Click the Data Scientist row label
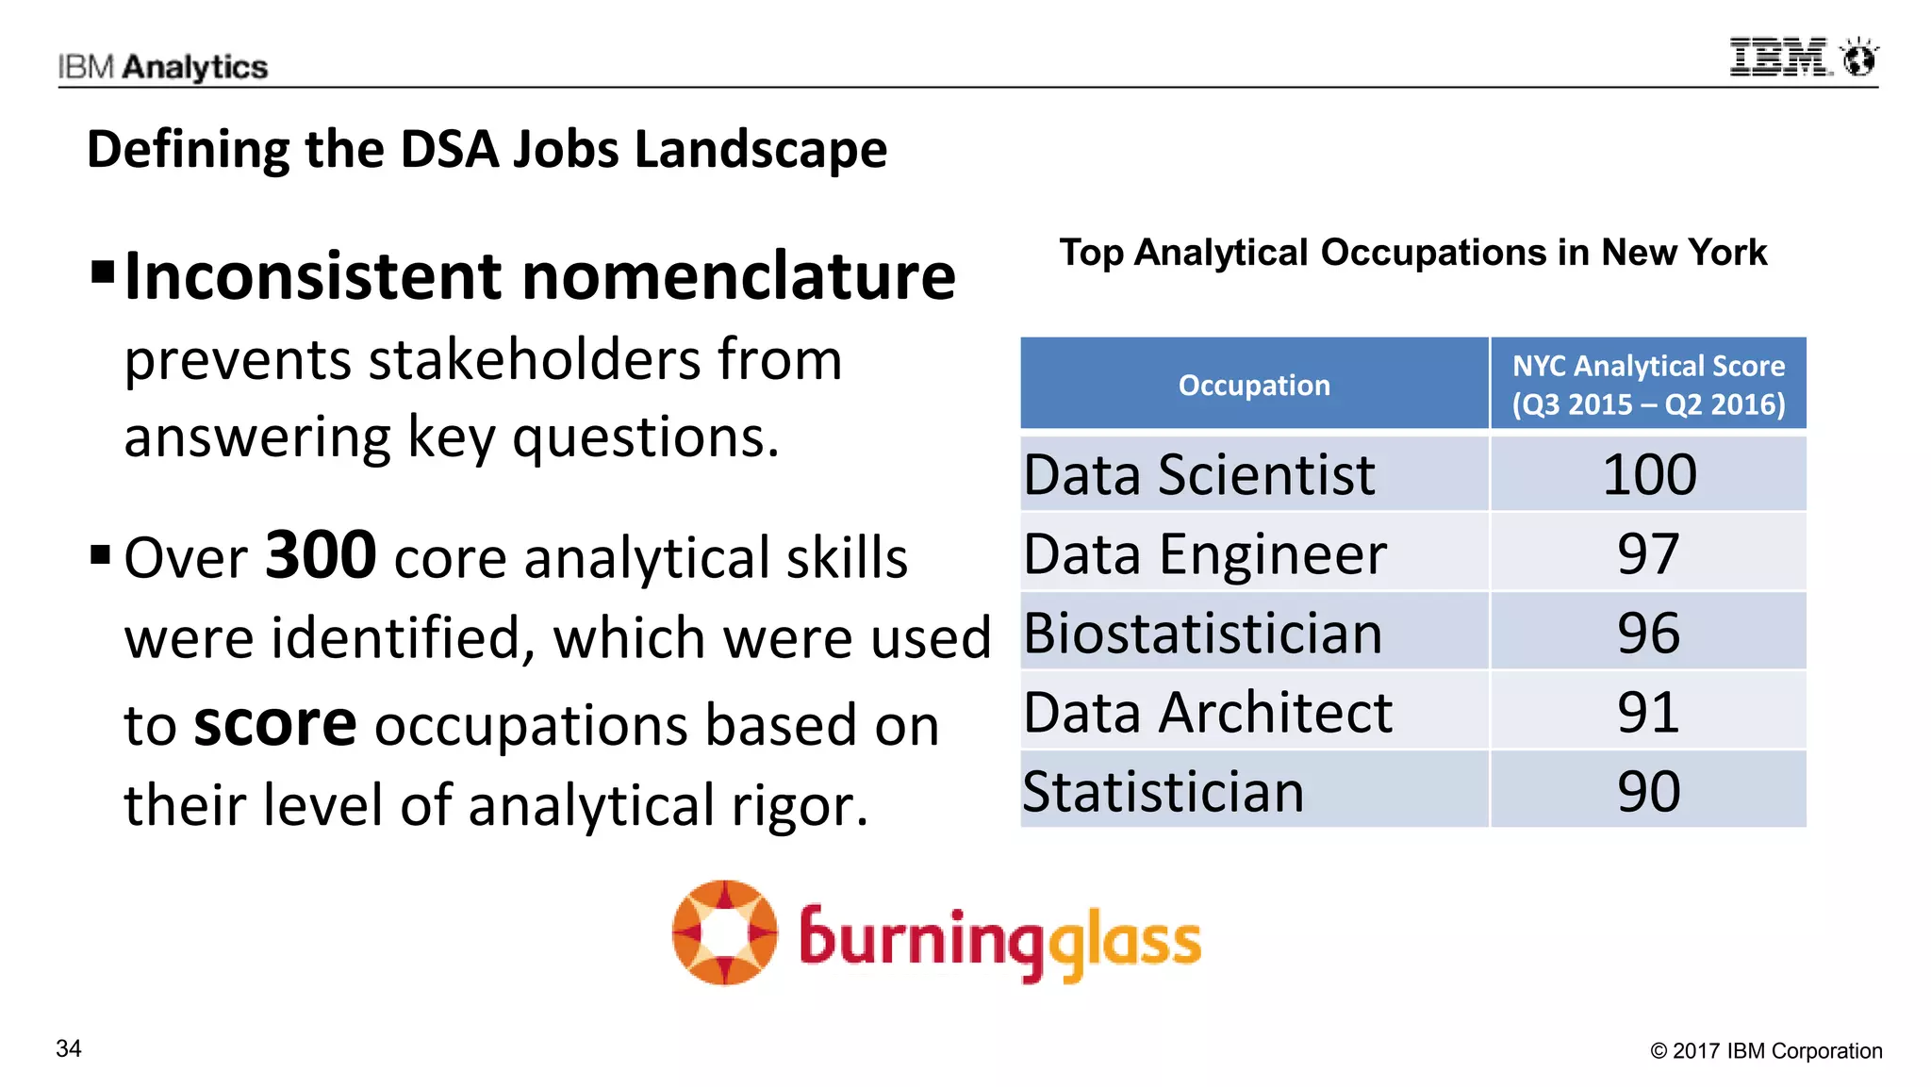pos(1198,474)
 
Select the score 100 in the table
pos(1649,474)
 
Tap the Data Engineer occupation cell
pos(1205,553)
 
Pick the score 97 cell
pos(1648,553)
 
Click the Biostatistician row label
pos(1202,633)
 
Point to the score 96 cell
pos(1648,633)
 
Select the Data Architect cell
pos(1208,712)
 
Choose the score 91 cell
pos(1648,712)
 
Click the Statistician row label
pos(1164,791)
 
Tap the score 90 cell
pos(1648,791)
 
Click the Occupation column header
pos(1254,385)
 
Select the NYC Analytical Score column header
pos(1648,385)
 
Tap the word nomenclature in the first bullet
pos(738,276)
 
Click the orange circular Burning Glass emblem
pos(724,932)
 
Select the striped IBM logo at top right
pos(1779,58)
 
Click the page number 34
pos(69,1048)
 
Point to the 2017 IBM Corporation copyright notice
pos(1766,1050)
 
